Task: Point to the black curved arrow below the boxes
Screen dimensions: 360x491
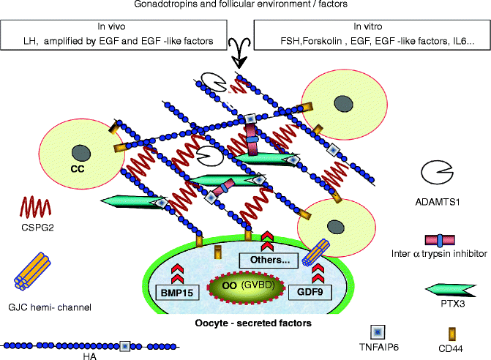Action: (x=241, y=56)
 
